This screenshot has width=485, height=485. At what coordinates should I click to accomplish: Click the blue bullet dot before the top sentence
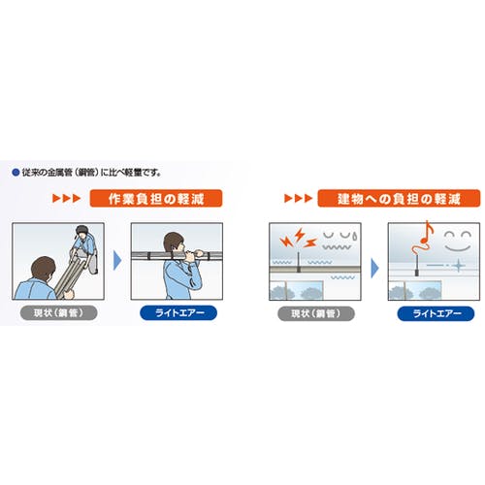[16, 173]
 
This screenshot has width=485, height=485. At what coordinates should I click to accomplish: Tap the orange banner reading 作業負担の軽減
[156, 198]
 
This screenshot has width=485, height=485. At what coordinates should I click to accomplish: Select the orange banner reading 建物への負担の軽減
[399, 198]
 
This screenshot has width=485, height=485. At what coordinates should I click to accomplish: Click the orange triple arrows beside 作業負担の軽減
[66, 198]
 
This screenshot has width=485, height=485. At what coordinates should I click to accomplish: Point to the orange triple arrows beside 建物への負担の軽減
[298, 198]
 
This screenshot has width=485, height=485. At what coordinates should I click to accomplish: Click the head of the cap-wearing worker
[81, 231]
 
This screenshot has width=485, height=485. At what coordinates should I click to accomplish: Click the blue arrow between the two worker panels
[117, 261]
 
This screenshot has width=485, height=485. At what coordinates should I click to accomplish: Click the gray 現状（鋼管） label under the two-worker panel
[58, 313]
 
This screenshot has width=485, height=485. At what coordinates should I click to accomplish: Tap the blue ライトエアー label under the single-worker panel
[178, 313]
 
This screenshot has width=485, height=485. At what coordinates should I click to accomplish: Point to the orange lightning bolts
[298, 239]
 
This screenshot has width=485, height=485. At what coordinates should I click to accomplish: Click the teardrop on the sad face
[355, 237]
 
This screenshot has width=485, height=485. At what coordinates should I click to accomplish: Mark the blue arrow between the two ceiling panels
[374, 268]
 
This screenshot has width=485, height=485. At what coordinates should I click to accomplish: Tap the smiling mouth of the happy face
[458, 248]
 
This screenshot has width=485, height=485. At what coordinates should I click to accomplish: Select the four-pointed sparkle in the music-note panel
[459, 266]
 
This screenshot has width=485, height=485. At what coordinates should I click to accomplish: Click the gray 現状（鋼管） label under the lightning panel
[316, 313]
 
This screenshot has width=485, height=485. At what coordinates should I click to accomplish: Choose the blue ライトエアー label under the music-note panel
[436, 313]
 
